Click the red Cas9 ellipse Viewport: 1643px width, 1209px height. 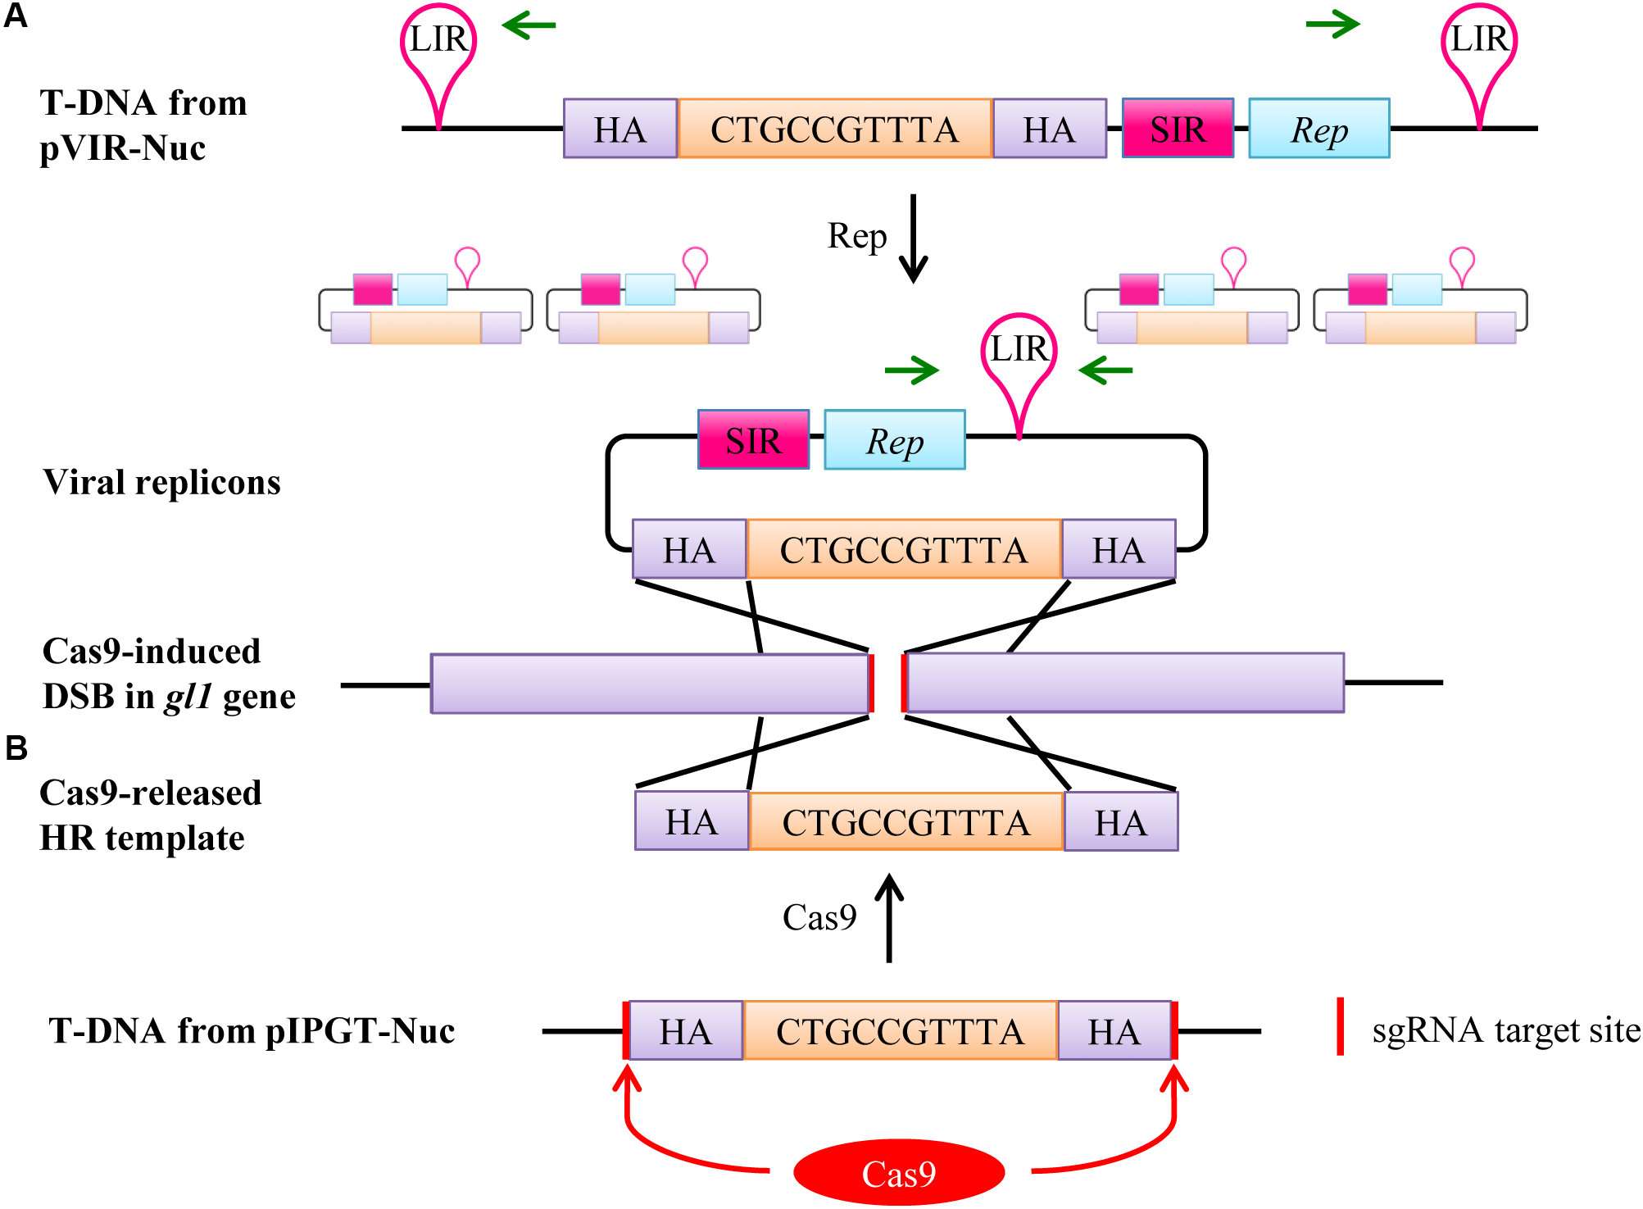point(899,1172)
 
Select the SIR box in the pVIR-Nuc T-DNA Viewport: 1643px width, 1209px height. point(1178,128)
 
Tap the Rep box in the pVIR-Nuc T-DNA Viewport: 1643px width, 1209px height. point(1318,128)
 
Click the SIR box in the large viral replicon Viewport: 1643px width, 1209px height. point(753,439)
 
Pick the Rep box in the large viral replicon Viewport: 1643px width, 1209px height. point(894,439)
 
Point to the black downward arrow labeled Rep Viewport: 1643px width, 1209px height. point(913,239)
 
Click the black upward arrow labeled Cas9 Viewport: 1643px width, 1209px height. point(889,918)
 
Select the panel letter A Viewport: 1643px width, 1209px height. point(16,16)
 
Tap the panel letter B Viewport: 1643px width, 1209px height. point(16,748)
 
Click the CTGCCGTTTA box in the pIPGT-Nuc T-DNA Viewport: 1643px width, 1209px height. point(900,1030)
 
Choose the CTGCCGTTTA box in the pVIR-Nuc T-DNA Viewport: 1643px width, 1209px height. point(835,128)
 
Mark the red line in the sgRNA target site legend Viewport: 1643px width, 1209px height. point(1340,1026)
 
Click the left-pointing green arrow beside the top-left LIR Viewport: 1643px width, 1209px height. point(529,25)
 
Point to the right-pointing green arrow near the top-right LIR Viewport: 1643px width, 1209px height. point(1333,25)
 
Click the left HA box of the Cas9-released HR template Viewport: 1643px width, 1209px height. point(692,820)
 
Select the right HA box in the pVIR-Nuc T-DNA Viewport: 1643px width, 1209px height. point(1050,128)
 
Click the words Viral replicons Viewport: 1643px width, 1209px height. point(161,482)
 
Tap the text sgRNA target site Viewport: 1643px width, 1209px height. point(1506,1030)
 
